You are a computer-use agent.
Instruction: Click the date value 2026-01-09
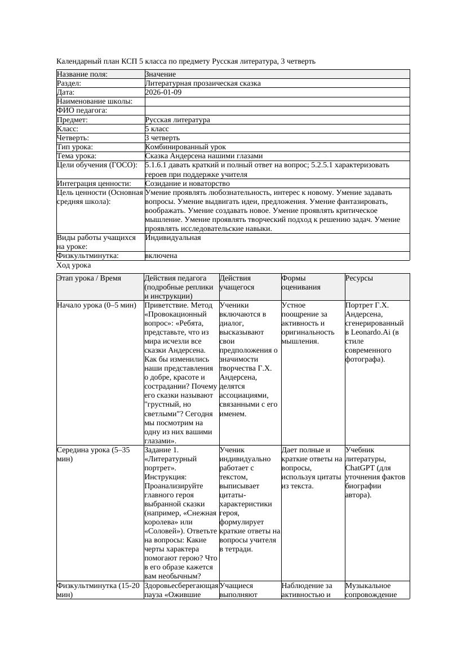tap(163, 92)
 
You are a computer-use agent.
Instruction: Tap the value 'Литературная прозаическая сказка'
tap(202, 83)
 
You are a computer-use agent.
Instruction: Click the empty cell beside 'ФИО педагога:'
tap(277, 110)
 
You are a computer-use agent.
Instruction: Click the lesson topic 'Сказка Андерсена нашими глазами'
tap(203, 156)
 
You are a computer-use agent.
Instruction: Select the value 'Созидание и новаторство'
tap(187, 184)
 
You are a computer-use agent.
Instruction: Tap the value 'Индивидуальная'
tap(172, 238)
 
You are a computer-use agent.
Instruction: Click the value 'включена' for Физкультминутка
tap(161, 256)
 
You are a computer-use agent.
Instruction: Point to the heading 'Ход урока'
tap(74, 265)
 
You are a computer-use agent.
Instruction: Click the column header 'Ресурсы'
tap(359, 278)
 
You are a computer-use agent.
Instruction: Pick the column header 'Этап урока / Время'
tap(89, 278)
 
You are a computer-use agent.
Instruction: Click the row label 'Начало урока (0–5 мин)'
tap(96, 305)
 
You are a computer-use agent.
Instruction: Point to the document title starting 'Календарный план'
tap(186, 61)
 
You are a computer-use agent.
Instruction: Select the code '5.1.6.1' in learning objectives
tap(157, 166)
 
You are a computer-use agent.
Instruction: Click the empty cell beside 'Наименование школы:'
tap(277, 101)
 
